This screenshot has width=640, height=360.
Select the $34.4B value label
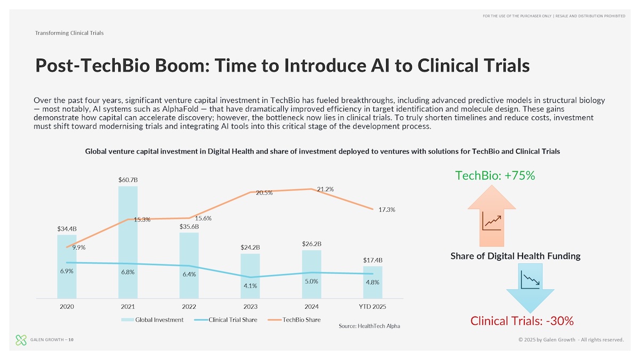click(67, 229)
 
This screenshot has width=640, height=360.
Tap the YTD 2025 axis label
click(373, 307)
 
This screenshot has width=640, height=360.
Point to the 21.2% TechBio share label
click(325, 189)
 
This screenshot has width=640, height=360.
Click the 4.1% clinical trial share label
click(250, 286)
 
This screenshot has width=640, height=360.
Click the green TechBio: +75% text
click(495, 175)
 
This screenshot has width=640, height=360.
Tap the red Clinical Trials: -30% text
click(522, 321)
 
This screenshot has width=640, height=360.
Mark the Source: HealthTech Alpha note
click(369, 326)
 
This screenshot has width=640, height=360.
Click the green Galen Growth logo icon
click(21, 339)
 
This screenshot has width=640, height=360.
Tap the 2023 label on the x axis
click(250, 307)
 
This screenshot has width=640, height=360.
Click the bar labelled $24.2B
click(250, 275)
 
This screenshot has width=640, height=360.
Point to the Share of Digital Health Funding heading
click(515, 256)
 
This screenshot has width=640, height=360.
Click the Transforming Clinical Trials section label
click(69, 33)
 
